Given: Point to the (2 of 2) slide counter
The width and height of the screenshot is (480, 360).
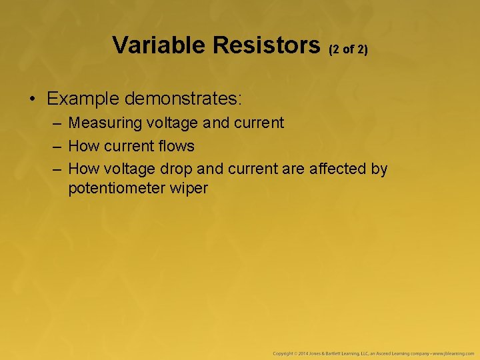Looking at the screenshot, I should coord(348,49).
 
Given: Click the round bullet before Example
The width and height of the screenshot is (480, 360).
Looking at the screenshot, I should coord(33,100).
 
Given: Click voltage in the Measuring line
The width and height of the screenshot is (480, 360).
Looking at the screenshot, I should coord(171,123).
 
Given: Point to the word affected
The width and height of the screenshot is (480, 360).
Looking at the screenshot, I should coord(338,169).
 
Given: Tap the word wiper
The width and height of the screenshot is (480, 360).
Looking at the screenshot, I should coord(189,189).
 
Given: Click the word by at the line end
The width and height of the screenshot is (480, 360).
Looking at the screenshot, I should coord(379,169).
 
